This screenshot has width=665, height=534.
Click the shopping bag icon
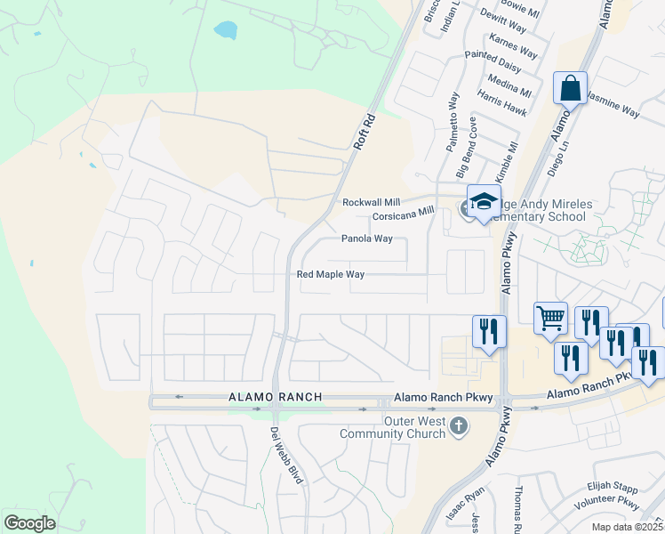[570, 89]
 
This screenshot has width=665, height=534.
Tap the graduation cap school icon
[484, 202]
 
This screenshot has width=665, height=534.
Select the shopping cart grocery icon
[551, 318]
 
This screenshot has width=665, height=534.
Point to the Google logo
[29, 522]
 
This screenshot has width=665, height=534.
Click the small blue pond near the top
[226, 30]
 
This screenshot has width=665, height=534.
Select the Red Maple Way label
[331, 275]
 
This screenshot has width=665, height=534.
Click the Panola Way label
[367, 239]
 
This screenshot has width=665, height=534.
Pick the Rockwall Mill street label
[372, 202]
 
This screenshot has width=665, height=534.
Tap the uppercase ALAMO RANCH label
[261, 396]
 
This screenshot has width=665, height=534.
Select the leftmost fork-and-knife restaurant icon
[489, 332]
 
